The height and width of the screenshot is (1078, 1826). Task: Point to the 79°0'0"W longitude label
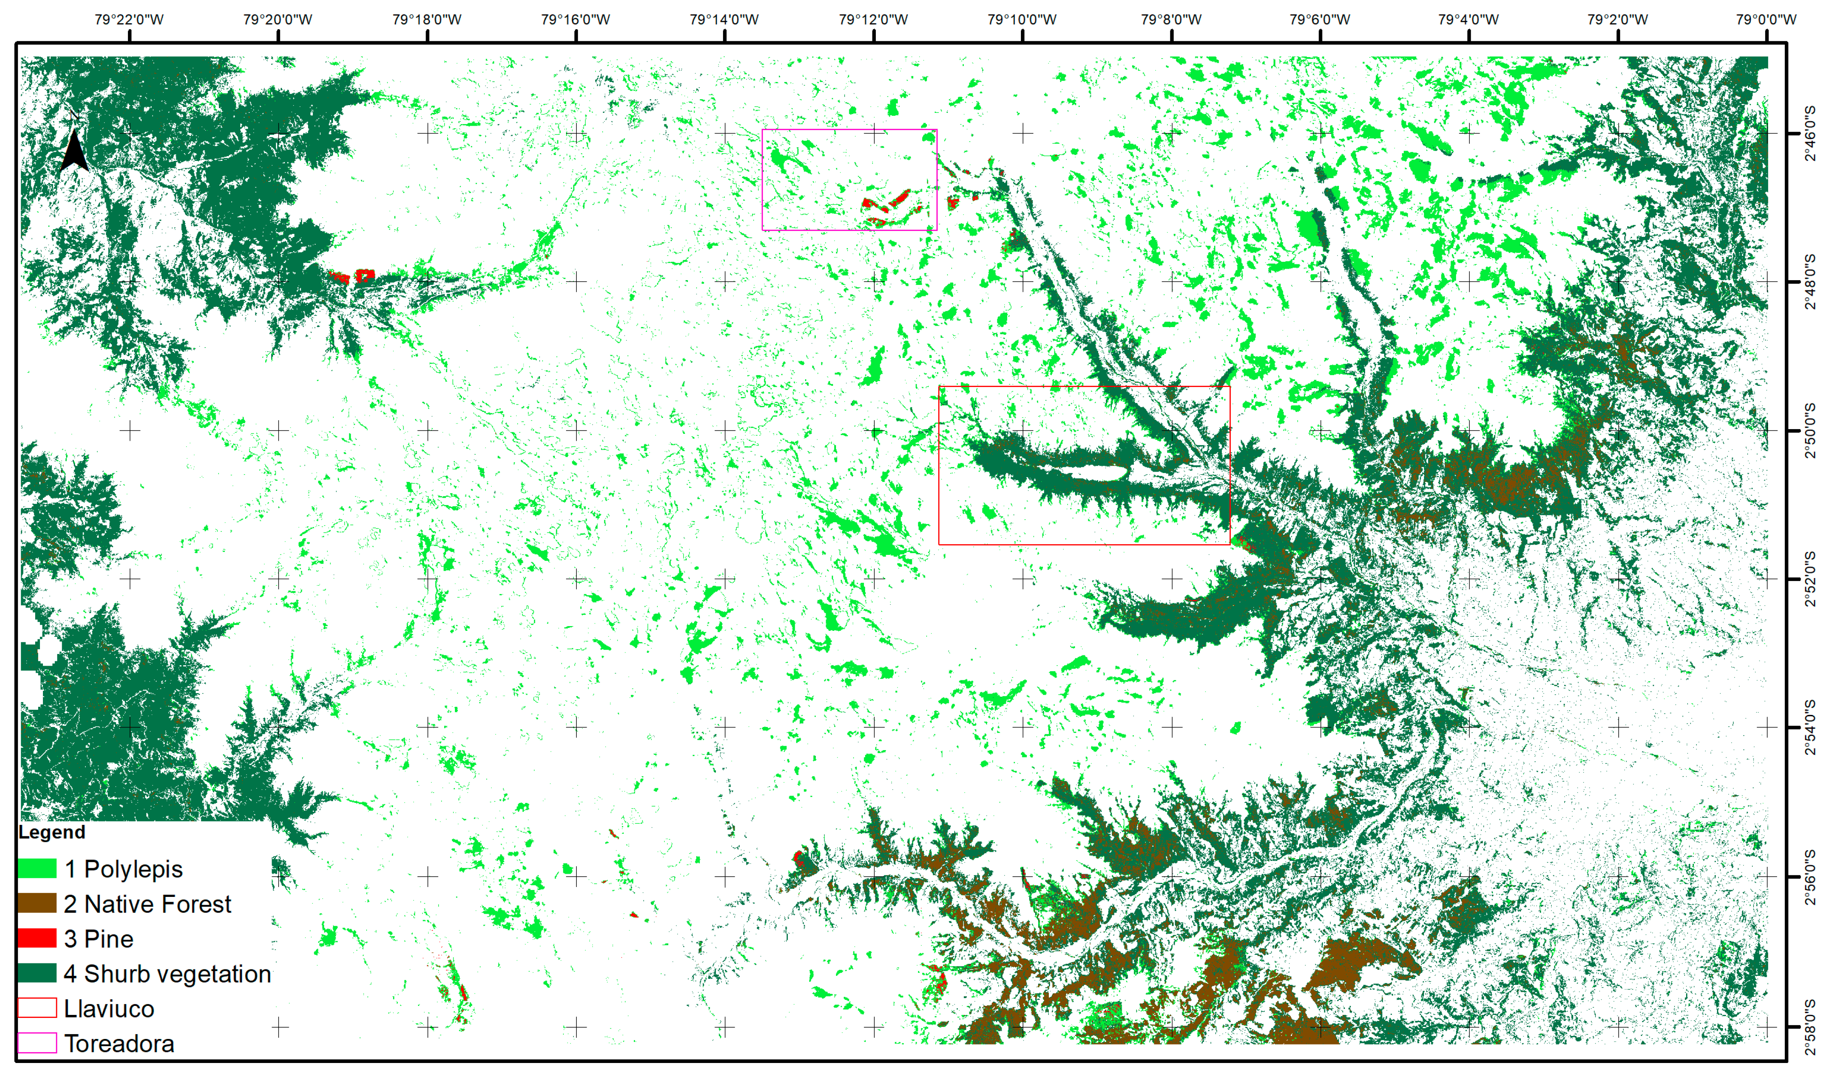[1766, 20]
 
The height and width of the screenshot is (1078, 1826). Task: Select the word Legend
[51, 833]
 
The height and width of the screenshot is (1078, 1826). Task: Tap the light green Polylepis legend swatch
[37, 868]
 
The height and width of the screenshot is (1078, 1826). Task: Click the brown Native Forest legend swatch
[37, 903]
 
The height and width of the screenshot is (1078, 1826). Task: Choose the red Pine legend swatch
[37, 938]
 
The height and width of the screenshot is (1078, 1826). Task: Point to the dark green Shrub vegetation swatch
[37, 973]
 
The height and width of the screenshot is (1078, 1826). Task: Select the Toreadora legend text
[119, 1043]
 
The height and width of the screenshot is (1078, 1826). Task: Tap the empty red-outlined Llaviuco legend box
[37, 1008]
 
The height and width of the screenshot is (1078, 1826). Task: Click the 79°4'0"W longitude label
[1468, 20]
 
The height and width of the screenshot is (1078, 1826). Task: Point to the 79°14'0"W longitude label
[724, 20]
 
